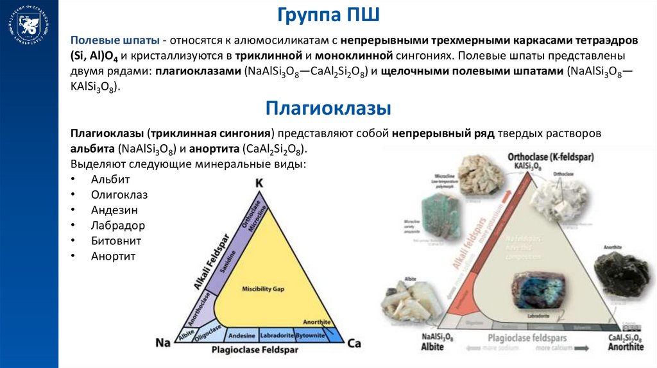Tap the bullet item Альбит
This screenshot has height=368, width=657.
click(x=110, y=179)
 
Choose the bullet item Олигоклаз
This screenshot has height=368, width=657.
click(x=119, y=194)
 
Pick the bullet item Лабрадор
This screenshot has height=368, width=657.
click(x=118, y=226)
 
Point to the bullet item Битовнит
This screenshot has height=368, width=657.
click(x=116, y=241)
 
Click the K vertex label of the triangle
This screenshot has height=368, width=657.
click(x=259, y=183)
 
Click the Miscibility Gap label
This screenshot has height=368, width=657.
click(x=262, y=289)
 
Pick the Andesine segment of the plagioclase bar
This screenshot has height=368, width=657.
click(x=242, y=335)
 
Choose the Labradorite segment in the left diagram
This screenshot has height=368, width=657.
click(x=278, y=335)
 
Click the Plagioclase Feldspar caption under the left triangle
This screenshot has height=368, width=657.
click(x=256, y=350)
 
